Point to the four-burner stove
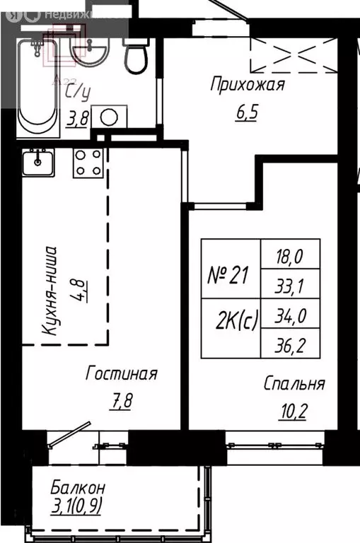pos(88,163)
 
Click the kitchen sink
pos(37,164)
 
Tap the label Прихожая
pos(247,86)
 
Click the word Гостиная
pos(121,373)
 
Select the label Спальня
pos(294,384)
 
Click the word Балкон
pos(78,487)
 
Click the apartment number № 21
pos(228,276)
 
